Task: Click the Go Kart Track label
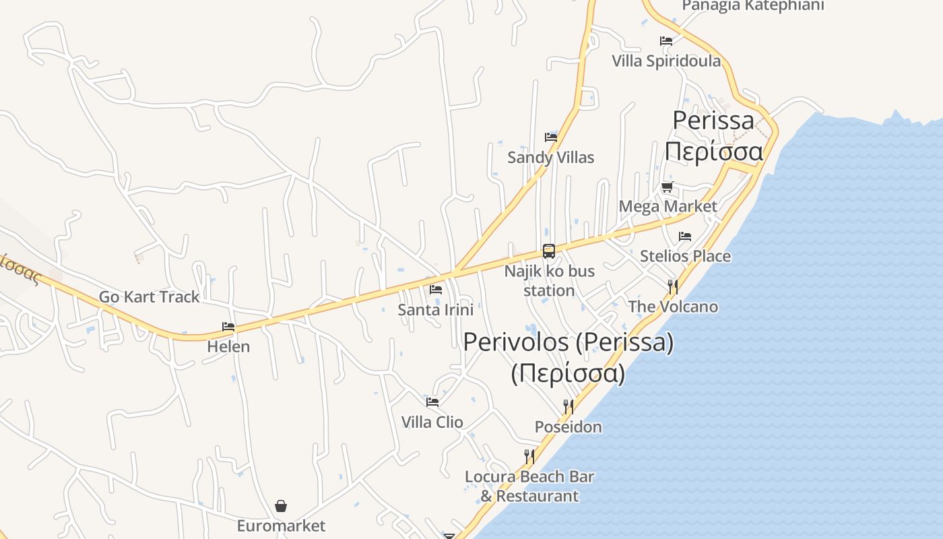click(x=149, y=296)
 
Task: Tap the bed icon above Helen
click(x=228, y=327)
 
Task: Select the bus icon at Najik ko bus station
click(x=549, y=251)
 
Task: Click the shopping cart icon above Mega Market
click(x=667, y=187)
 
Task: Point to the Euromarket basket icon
click(x=281, y=506)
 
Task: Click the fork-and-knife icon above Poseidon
click(x=568, y=406)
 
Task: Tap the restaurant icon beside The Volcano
click(x=672, y=287)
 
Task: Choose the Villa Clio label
click(x=432, y=422)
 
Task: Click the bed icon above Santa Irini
click(x=436, y=290)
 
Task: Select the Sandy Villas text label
click(x=550, y=158)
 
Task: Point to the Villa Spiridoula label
click(x=665, y=61)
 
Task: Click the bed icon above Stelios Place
click(x=685, y=236)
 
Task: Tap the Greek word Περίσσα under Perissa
click(x=714, y=152)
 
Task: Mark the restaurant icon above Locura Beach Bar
click(x=529, y=457)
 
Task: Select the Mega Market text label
click(x=668, y=206)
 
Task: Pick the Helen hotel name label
click(x=228, y=347)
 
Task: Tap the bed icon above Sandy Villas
click(x=551, y=137)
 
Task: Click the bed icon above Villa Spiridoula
click(x=666, y=41)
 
